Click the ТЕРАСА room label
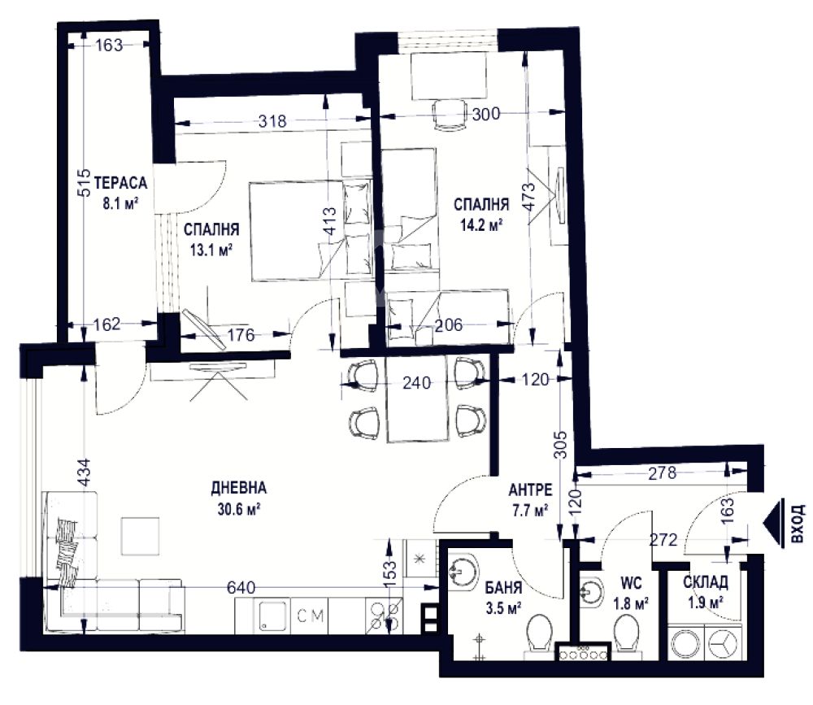[121, 183]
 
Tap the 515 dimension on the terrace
[84, 183]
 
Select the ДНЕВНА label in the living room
[238, 488]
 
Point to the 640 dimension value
[241, 588]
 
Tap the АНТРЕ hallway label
[530, 490]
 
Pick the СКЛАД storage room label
[705, 582]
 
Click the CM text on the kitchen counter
[311, 616]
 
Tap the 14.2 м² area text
[481, 225]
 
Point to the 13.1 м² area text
[211, 250]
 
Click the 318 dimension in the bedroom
[272, 121]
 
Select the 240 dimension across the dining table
[417, 383]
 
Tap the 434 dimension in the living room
[84, 472]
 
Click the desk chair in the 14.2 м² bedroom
[449, 115]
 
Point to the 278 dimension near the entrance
[663, 472]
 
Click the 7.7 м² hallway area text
[530, 511]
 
